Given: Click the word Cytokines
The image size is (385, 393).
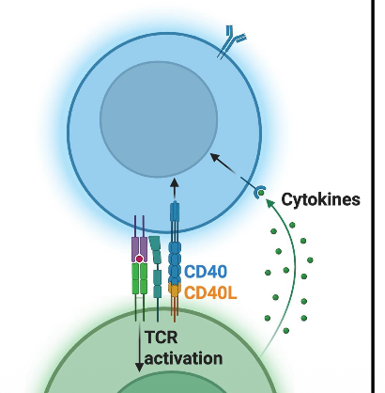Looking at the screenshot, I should [321, 200].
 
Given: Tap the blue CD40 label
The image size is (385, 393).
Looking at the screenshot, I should [205, 272].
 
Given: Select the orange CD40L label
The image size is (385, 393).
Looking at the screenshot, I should [210, 292].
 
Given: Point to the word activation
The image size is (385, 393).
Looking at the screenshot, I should [184, 357].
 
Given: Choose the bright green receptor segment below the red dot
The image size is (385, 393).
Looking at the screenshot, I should [139, 279].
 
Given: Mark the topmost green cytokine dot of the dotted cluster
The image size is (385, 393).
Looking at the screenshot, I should [293, 224].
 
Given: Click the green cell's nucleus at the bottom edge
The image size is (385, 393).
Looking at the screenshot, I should [161, 385].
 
